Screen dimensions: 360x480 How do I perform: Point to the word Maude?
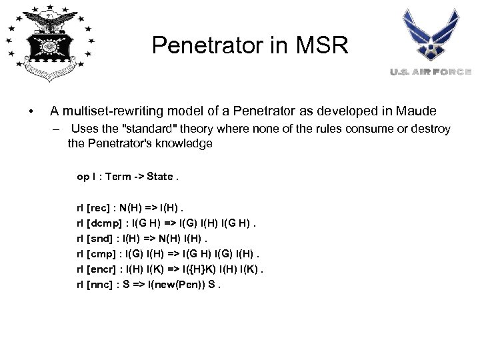[x=417, y=110]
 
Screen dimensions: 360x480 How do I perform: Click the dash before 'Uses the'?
[x=58, y=129]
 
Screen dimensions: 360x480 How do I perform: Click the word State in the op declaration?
[x=160, y=177]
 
